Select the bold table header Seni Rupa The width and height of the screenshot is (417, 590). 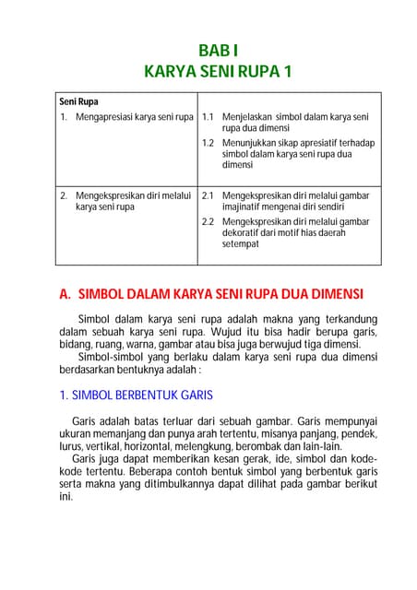click(x=79, y=101)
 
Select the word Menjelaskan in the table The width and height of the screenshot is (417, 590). click(x=252, y=117)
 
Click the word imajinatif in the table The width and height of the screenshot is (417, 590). click(x=243, y=206)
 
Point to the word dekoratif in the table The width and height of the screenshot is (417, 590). click(x=243, y=232)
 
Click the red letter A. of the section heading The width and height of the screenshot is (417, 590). click(x=66, y=294)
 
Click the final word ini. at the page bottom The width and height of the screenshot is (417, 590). click(x=66, y=496)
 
